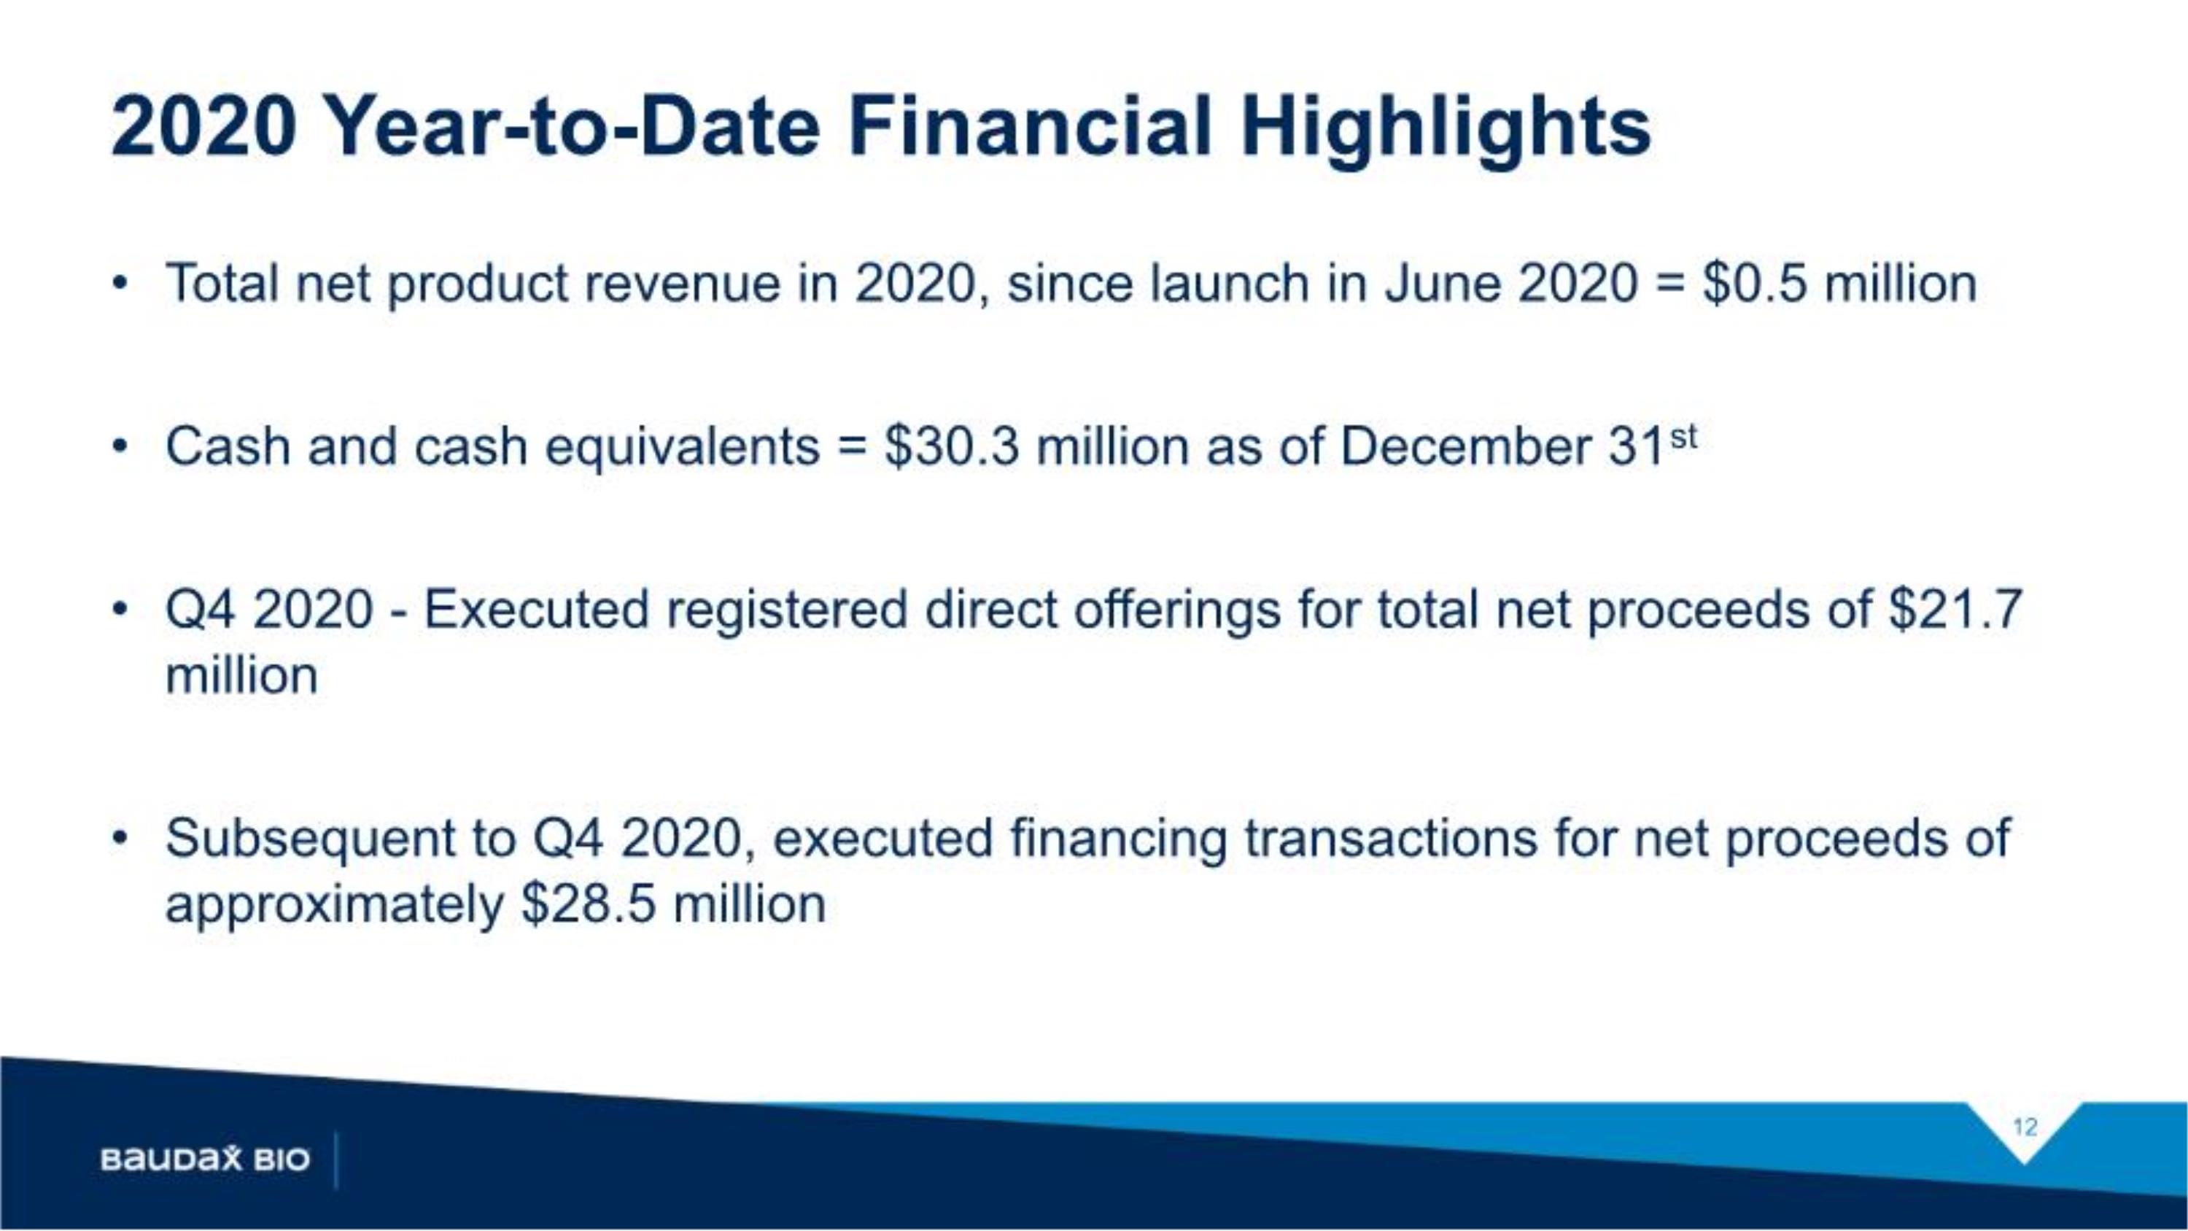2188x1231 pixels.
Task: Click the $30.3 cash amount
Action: [x=950, y=447]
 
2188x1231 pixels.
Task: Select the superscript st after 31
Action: [x=1683, y=438]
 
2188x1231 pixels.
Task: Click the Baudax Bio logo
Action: [x=205, y=1159]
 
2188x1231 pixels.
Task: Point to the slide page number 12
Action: [x=2025, y=1127]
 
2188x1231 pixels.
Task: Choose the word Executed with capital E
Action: [x=536, y=610]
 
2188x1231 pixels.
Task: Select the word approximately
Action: [x=335, y=906]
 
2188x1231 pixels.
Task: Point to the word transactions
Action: [x=1390, y=839]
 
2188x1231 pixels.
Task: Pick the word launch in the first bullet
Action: [x=1230, y=284]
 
